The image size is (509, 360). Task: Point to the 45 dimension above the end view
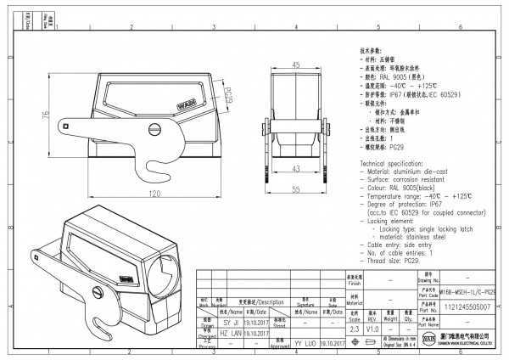coord(296,65)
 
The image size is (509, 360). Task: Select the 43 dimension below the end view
coord(296,169)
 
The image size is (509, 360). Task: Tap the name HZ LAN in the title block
coord(232,335)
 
